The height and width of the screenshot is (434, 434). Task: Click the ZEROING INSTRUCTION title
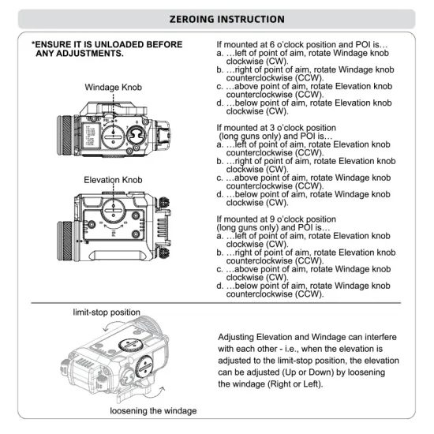tap(226, 19)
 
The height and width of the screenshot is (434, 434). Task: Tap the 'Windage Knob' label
tap(113, 87)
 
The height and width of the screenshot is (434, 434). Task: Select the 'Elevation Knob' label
tap(113, 180)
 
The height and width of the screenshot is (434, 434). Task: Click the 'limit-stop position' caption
tap(107, 312)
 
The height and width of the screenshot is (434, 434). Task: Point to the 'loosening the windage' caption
tap(153, 411)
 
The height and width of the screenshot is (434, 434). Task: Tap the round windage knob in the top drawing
tap(113, 137)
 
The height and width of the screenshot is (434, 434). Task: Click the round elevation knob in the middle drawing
tap(114, 211)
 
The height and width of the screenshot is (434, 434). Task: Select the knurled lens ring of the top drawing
tap(65, 136)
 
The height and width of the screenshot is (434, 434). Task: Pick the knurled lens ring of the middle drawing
tap(65, 241)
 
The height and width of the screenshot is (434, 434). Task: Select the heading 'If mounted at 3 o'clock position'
tap(276, 128)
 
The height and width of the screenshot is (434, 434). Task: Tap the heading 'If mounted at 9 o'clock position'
tap(276, 219)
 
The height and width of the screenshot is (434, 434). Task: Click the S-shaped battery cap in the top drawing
tap(137, 136)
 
